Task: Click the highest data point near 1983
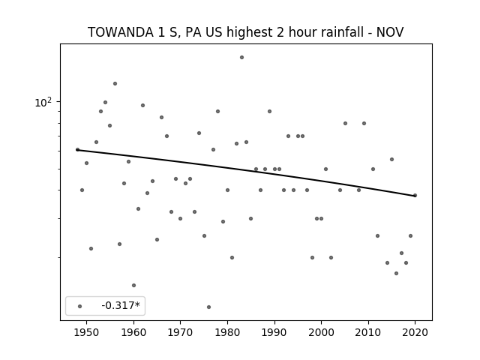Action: [x=241, y=57]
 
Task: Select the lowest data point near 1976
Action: [x=208, y=307]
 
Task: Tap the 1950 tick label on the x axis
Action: [x=87, y=332]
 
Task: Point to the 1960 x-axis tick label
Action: [x=133, y=332]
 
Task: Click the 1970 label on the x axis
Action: [x=180, y=332]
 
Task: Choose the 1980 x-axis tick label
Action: [x=227, y=332]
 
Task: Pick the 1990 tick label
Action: [x=274, y=332]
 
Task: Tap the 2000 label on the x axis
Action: [x=321, y=332]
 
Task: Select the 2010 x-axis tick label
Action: [x=368, y=332]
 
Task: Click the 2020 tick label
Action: [x=415, y=332]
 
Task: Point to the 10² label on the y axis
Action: [x=43, y=102]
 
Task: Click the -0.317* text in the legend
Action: [x=121, y=305]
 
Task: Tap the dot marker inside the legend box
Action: [x=80, y=306]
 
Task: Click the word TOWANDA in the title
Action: [x=121, y=32]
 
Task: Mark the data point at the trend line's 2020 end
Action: [x=415, y=195]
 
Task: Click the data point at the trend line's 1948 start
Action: [x=77, y=150]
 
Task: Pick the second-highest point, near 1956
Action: [x=115, y=83]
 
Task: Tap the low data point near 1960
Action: [x=133, y=285]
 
